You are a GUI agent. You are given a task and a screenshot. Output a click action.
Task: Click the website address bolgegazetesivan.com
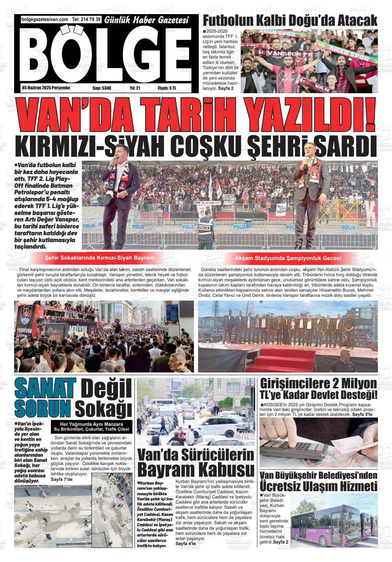[x=45, y=20]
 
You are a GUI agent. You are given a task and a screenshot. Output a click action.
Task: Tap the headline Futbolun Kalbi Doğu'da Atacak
[x=290, y=21]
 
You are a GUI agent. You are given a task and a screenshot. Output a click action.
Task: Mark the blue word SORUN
[x=43, y=408]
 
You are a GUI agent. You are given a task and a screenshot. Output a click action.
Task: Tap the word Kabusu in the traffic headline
[x=220, y=469]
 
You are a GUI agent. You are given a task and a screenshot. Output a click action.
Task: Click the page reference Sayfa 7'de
[x=62, y=479]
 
